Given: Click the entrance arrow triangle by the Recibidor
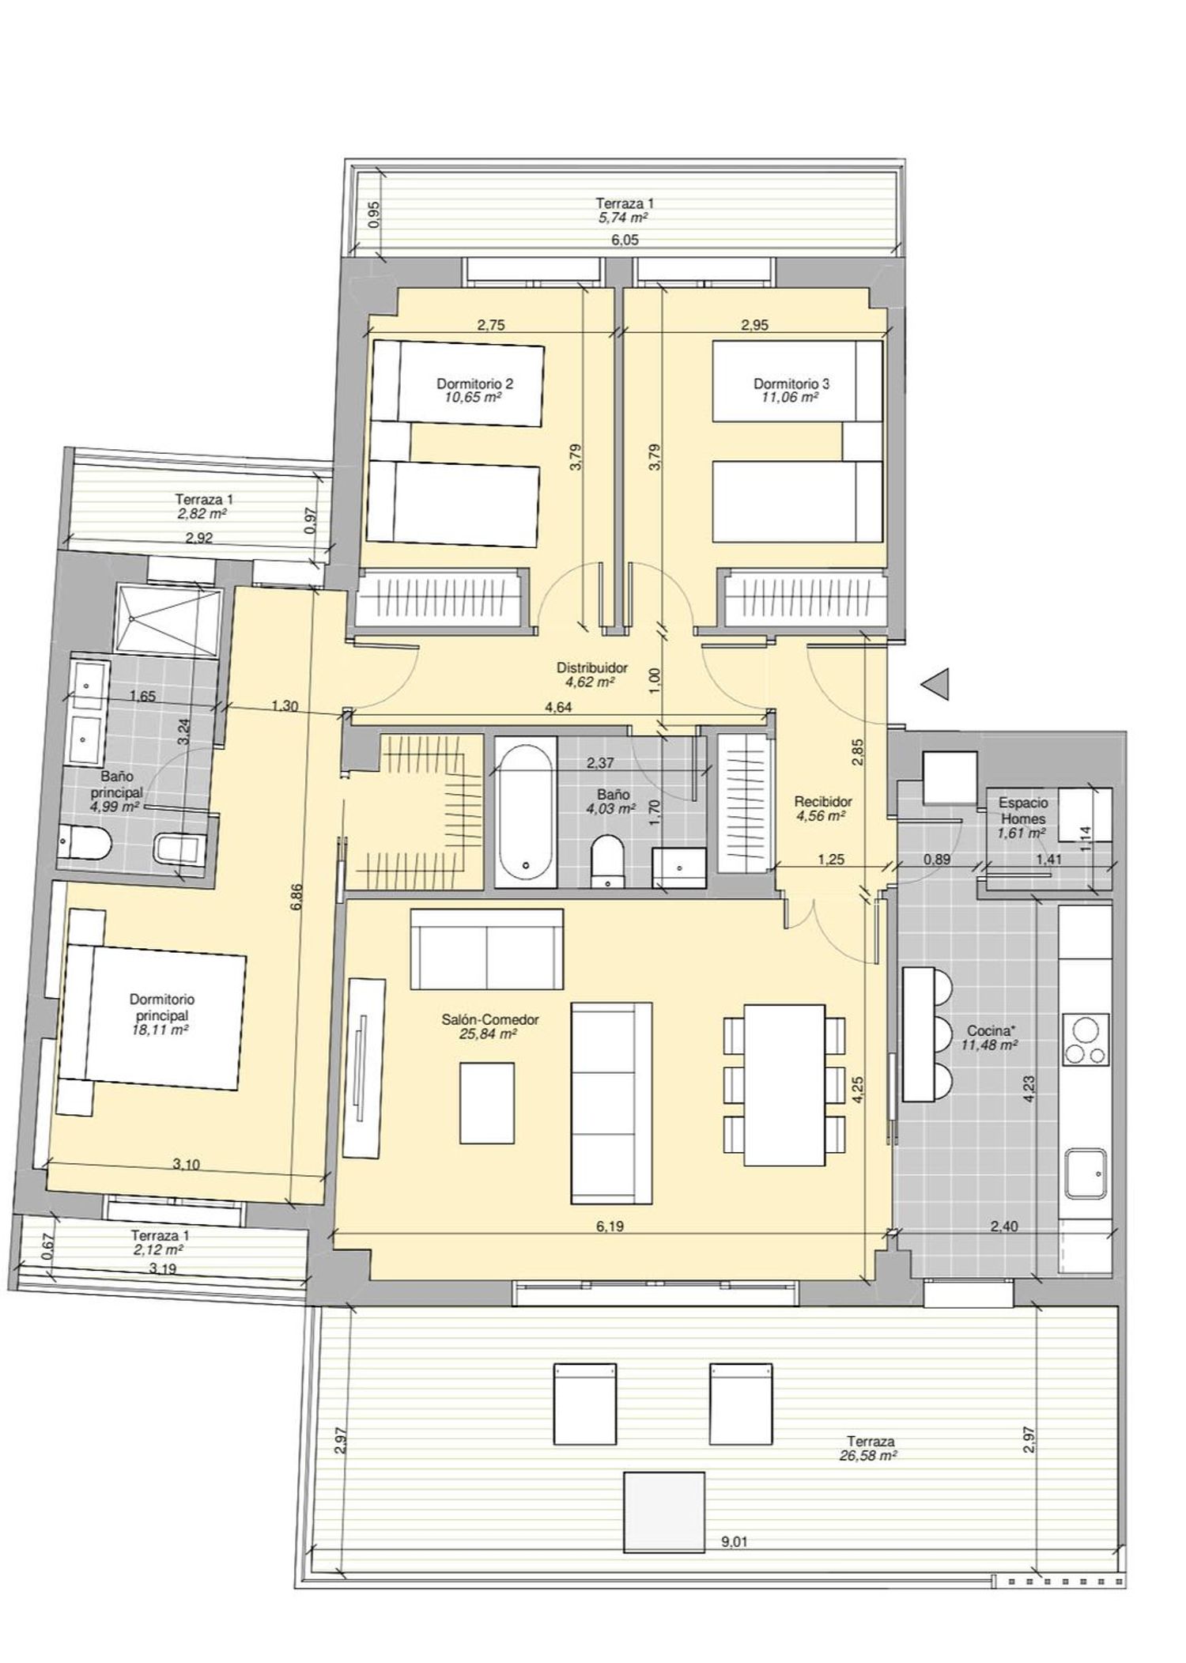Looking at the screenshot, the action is (x=939, y=683).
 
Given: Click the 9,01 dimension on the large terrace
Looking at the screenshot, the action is (x=735, y=1541).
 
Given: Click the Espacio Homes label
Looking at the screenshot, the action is (x=1024, y=811).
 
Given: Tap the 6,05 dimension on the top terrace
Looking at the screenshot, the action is (x=625, y=240).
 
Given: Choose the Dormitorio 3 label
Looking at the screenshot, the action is (x=791, y=384).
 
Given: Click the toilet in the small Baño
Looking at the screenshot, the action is (x=607, y=859).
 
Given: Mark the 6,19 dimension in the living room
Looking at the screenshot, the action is (x=606, y=1226).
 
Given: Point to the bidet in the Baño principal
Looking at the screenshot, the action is (x=181, y=849).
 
